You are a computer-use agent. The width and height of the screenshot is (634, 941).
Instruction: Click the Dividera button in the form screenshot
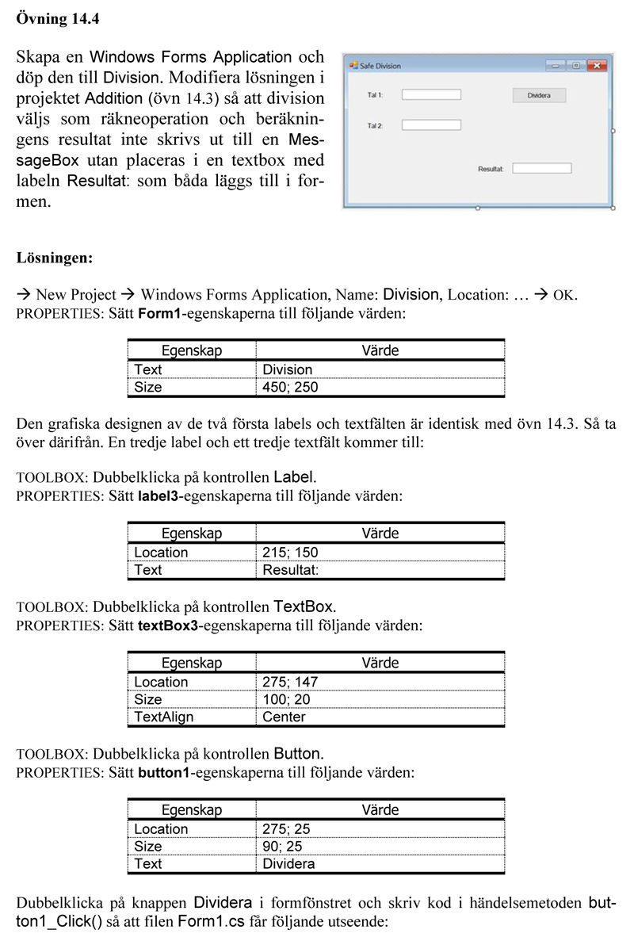coord(539,95)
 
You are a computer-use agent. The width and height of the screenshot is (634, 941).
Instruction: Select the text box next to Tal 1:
coord(431,95)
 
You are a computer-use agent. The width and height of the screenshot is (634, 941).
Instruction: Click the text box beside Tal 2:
coord(431,124)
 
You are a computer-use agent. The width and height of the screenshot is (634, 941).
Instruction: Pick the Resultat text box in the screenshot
coord(542,168)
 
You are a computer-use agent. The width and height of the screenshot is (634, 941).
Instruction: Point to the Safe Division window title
coord(380,66)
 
